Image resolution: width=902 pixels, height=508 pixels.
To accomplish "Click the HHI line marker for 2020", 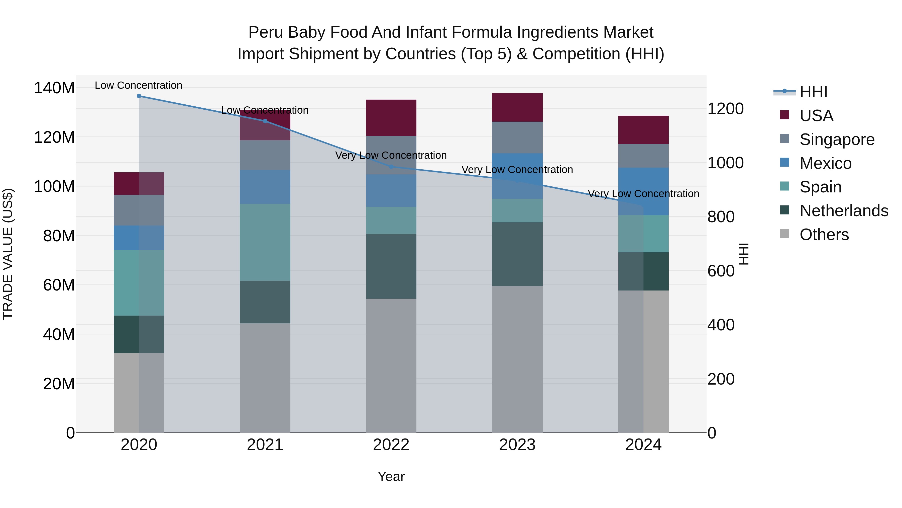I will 139,96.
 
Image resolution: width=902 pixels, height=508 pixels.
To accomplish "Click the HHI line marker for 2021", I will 265,121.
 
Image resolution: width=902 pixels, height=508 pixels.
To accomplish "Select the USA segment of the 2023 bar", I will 517,107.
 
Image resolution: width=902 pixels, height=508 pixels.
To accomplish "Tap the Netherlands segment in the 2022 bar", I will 391,266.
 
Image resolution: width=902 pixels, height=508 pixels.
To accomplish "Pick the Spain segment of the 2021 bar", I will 265,242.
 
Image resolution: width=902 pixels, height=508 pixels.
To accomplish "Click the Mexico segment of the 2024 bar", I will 643,191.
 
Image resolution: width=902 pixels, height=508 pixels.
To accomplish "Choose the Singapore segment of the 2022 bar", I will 391,155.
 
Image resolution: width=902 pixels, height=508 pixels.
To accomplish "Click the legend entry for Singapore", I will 837,139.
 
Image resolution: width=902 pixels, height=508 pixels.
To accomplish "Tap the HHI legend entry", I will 813,92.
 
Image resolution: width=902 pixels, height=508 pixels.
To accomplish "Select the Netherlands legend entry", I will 844,211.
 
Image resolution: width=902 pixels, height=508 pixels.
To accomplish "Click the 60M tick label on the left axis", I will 59,285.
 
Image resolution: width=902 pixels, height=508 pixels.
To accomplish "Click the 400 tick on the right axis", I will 721,325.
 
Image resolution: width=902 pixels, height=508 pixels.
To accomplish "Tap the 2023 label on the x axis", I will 517,445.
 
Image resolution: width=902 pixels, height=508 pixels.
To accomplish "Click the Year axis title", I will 391,476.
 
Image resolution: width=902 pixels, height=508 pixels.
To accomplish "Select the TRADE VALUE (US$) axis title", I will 8,254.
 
